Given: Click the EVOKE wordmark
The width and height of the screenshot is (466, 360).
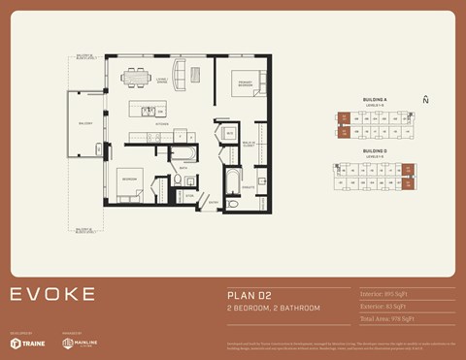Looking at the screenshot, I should (53, 294).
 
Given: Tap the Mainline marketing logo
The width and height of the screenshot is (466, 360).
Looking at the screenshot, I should (83, 343).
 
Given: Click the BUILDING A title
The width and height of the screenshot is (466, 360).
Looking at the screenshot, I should (375, 100).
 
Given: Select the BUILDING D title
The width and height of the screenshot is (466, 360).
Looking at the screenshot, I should (375, 151).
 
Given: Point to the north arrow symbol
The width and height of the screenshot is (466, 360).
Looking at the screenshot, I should (425, 100).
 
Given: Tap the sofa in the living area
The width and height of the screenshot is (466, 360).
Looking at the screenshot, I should (178, 78).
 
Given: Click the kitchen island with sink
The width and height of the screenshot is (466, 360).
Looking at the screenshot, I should (152, 110).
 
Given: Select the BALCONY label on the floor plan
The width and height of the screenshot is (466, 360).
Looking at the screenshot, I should (84, 123).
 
